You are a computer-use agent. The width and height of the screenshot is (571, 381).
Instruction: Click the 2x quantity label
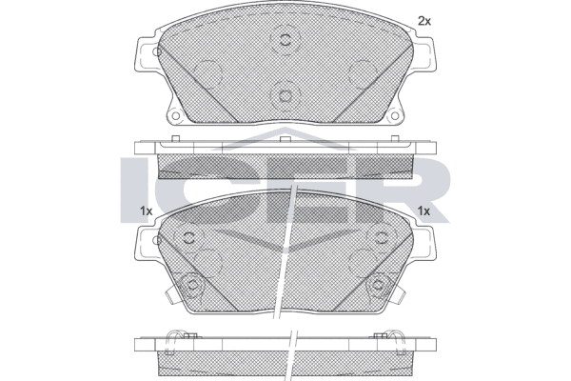coord(424,22)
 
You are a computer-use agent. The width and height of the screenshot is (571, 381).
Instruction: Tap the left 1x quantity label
coord(146,211)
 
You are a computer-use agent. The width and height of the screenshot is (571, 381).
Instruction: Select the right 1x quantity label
coord(423,211)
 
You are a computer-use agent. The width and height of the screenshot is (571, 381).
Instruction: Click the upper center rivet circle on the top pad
coord(285,39)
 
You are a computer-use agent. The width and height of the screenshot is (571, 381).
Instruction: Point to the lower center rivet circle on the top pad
coord(285,96)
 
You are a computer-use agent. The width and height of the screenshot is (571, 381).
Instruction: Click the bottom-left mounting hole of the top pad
coord(175,116)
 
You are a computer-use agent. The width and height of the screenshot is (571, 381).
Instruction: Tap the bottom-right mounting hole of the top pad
coord(395,116)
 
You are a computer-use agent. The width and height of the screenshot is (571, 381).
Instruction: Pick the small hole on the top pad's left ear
coord(156,51)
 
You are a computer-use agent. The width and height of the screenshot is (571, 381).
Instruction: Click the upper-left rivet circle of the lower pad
coord(189,238)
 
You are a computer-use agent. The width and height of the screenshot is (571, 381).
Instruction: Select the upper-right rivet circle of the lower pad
coord(382,238)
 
